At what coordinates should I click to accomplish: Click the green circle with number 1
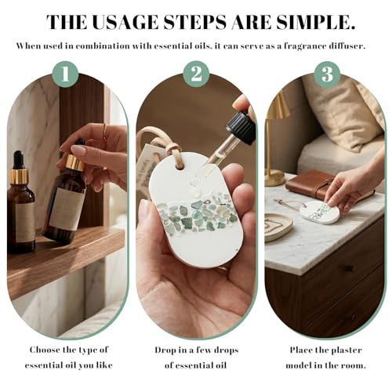[x=65, y=74]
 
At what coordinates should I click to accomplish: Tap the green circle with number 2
[x=196, y=74]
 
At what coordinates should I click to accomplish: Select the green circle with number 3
[x=327, y=74]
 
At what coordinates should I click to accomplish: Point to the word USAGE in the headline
[x=125, y=22]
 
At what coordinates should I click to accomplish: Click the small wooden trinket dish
[x=278, y=227]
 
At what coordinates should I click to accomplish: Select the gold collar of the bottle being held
[x=75, y=162]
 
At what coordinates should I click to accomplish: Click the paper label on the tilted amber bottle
[x=67, y=209]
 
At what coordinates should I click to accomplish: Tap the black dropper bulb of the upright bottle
[x=19, y=159]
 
